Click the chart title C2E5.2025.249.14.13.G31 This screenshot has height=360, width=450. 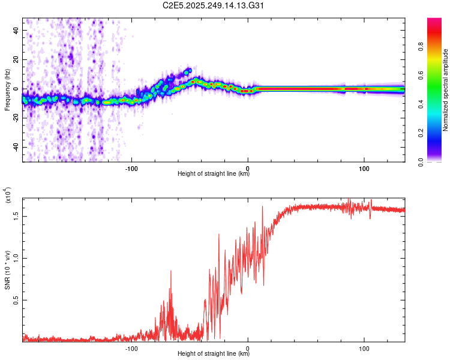point(214,6)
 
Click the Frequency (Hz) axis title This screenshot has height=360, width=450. point(7,90)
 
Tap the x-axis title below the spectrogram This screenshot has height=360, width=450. point(214,174)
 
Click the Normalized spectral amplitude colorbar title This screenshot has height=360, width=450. point(445,90)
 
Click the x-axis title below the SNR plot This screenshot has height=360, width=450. point(214,354)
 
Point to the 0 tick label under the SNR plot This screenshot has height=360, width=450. point(248,347)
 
